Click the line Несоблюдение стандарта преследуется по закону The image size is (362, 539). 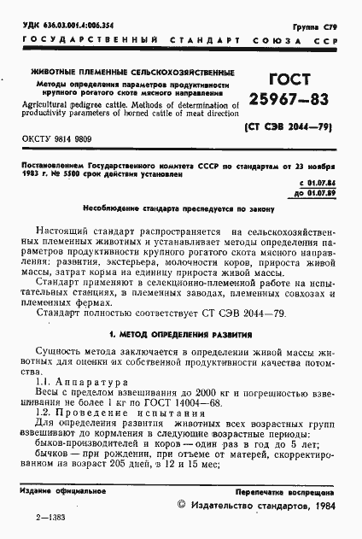coord(180,208)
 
